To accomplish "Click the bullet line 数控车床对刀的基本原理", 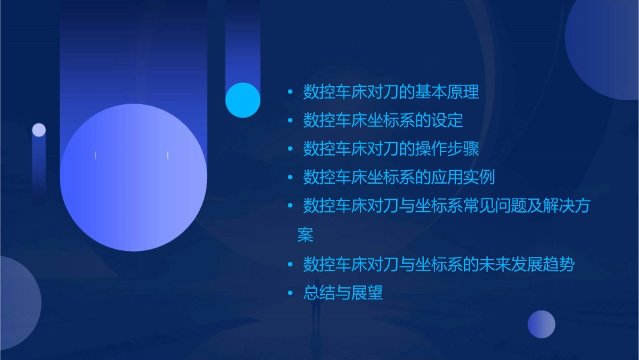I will coord(391,92).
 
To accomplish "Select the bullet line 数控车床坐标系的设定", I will coord(383,121).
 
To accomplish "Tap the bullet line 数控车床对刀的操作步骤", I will coord(391,149).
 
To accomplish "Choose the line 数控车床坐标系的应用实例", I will coord(399,178).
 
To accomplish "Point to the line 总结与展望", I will coord(343,293).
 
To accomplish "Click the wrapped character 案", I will coord(305,235).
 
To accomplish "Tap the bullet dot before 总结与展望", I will coord(290,293).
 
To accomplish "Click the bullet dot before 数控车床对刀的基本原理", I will coord(290,92).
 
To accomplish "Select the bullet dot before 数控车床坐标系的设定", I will coord(290,121).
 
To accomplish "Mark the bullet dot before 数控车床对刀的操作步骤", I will coord(290,149).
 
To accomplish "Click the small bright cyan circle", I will coord(243,100).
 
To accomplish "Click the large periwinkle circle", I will coord(133,177).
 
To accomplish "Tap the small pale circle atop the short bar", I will coord(39,130).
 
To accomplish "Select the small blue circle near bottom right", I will coord(541,324).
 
